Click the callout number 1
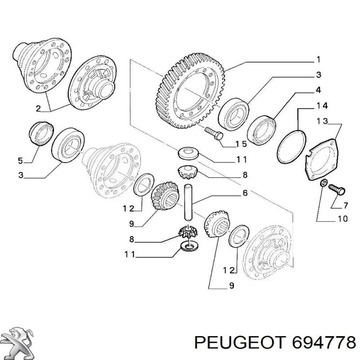[318, 60]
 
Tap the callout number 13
[322, 121]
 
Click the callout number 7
[345, 205]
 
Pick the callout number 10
[342, 219]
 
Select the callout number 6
[245, 193]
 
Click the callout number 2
[38, 108]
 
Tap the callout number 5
[20, 161]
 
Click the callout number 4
[318, 90]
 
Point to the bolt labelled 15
[214, 133]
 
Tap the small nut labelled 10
[323, 183]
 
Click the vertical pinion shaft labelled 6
[188, 202]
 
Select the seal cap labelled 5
[41, 133]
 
